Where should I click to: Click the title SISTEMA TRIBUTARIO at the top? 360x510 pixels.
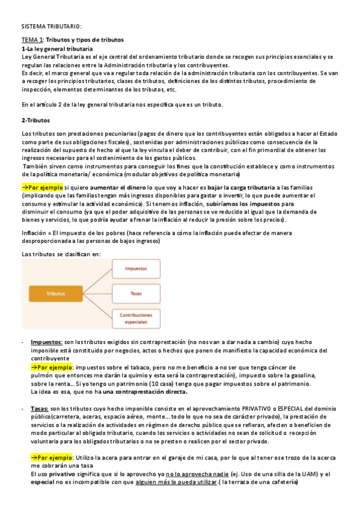(50, 26)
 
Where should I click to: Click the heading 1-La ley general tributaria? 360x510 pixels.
(56, 48)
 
